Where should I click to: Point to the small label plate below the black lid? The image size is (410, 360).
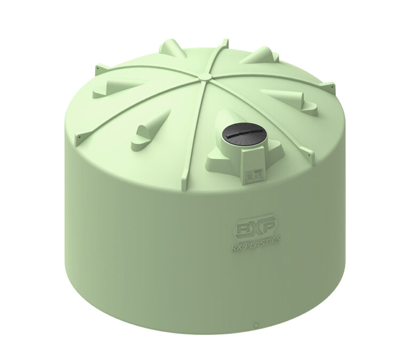[252, 173]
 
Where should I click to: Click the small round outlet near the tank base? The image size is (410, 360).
[257, 324]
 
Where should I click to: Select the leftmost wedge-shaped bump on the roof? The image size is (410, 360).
[107, 89]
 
